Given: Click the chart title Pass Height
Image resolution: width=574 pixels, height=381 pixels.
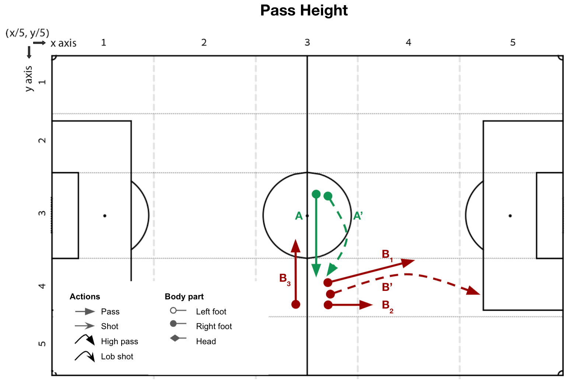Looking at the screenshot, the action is (x=304, y=11).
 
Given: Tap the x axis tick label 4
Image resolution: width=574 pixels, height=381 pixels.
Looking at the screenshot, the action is (x=409, y=42).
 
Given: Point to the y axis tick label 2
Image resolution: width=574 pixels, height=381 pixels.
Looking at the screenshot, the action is (x=42, y=140).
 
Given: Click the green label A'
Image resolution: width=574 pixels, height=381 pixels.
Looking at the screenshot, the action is (x=358, y=216).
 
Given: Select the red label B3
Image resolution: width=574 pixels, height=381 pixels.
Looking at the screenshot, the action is (x=285, y=279).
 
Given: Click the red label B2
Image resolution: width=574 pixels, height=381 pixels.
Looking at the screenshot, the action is (x=388, y=307).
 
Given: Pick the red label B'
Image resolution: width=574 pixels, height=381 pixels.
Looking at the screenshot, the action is (x=387, y=287).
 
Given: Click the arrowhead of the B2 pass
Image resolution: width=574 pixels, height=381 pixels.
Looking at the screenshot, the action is (x=366, y=305).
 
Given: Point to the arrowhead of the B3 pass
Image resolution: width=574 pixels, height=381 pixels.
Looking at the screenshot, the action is (x=296, y=246).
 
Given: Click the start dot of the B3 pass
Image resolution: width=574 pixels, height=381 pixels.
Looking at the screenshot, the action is (x=296, y=305).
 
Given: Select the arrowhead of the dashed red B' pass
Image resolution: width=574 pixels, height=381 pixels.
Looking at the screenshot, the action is (x=473, y=291).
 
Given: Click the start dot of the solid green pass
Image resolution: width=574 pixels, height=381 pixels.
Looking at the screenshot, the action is (x=316, y=194).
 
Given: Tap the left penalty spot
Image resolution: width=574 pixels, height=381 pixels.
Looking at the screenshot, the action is (x=105, y=216).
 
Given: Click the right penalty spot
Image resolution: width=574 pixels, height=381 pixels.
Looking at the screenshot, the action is (x=510, y=216).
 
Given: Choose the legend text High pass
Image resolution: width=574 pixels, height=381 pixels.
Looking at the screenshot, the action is (x=119, y=342).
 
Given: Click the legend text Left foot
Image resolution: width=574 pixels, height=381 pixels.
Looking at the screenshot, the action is (x=211, y=311).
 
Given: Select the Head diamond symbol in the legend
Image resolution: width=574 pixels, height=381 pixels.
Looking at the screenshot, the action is (x=175, y=338).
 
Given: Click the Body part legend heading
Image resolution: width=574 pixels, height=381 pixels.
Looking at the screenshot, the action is (x=184, y=296).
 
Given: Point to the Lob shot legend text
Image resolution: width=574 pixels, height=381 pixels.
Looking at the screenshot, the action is (x=117, y=356).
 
